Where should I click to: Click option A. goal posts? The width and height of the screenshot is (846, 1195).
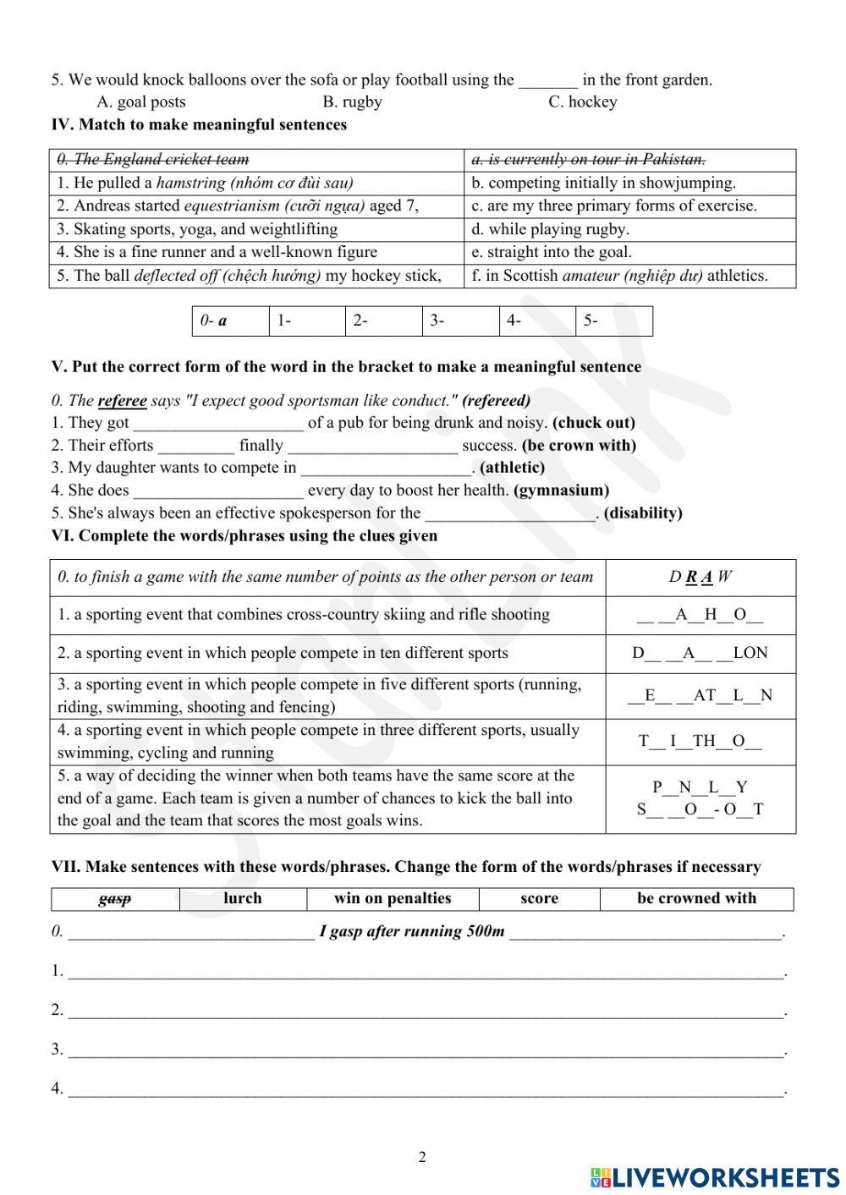pyautogui.click(x=140, y=102)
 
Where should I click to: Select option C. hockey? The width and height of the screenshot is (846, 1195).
pyautogui.click(x=582, y=102)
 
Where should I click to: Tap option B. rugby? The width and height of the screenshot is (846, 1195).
pyautogui.click(x=352, y=102)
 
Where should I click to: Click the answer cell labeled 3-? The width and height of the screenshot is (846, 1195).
pyautogui.click(x=460, y=321)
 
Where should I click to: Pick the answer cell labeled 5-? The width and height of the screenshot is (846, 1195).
pyautogui.click(x=614, y=321)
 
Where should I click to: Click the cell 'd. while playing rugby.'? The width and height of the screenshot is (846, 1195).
pyautogui.click(x=550, y=229)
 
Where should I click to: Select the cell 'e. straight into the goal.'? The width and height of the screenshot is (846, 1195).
pyautogui.click(x=551, y=252)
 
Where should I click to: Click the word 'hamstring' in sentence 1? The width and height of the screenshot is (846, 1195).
pyautogui.click(x=190, y=183)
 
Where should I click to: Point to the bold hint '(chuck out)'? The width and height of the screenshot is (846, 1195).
pyautogui.click(x=594, y=423)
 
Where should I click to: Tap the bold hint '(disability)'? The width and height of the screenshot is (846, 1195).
pyautogui.click(x=643, y=513)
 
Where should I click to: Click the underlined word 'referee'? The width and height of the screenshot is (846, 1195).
pyautogui.click(x=122, y=401)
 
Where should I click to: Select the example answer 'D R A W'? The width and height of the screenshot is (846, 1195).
pyautogui.click(x=700, y=578)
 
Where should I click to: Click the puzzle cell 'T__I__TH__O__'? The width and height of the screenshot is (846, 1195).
pyautogui.click(x=700, y=742)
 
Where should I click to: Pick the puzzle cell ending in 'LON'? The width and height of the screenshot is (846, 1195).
pyautogui.click(x=700, y=653)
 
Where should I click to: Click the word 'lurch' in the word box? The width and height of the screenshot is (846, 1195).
pyautogui.click(x=242, y=899)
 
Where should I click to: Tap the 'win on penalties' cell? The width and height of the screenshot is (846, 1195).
pyautogui.click(x=393, y=899)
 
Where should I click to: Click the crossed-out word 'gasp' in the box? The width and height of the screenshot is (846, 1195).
pyautogui.click(x=115, y=899)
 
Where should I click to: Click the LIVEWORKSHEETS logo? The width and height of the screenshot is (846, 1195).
pyautogui.click(x=715, y=1177)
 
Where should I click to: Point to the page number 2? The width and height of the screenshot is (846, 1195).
pyautogui.click(x=422, y=1158)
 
